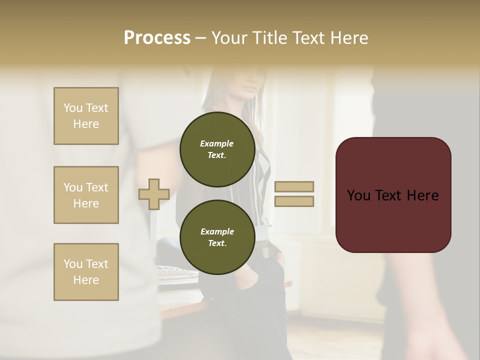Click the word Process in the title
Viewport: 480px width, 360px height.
157,37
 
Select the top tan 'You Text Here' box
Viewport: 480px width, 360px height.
86,116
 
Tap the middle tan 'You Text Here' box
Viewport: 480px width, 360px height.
86,195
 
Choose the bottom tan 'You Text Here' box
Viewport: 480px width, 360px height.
86,271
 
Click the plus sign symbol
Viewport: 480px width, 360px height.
154,194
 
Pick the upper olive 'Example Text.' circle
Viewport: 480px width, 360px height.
217,149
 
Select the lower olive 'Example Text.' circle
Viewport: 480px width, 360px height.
217,237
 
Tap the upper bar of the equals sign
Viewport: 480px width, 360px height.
294,186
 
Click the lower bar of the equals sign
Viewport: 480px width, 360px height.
294,201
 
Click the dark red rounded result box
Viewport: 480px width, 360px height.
393,194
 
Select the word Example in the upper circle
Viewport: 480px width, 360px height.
217,143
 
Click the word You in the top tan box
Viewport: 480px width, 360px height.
73,108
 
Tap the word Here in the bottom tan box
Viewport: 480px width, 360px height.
86,280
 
